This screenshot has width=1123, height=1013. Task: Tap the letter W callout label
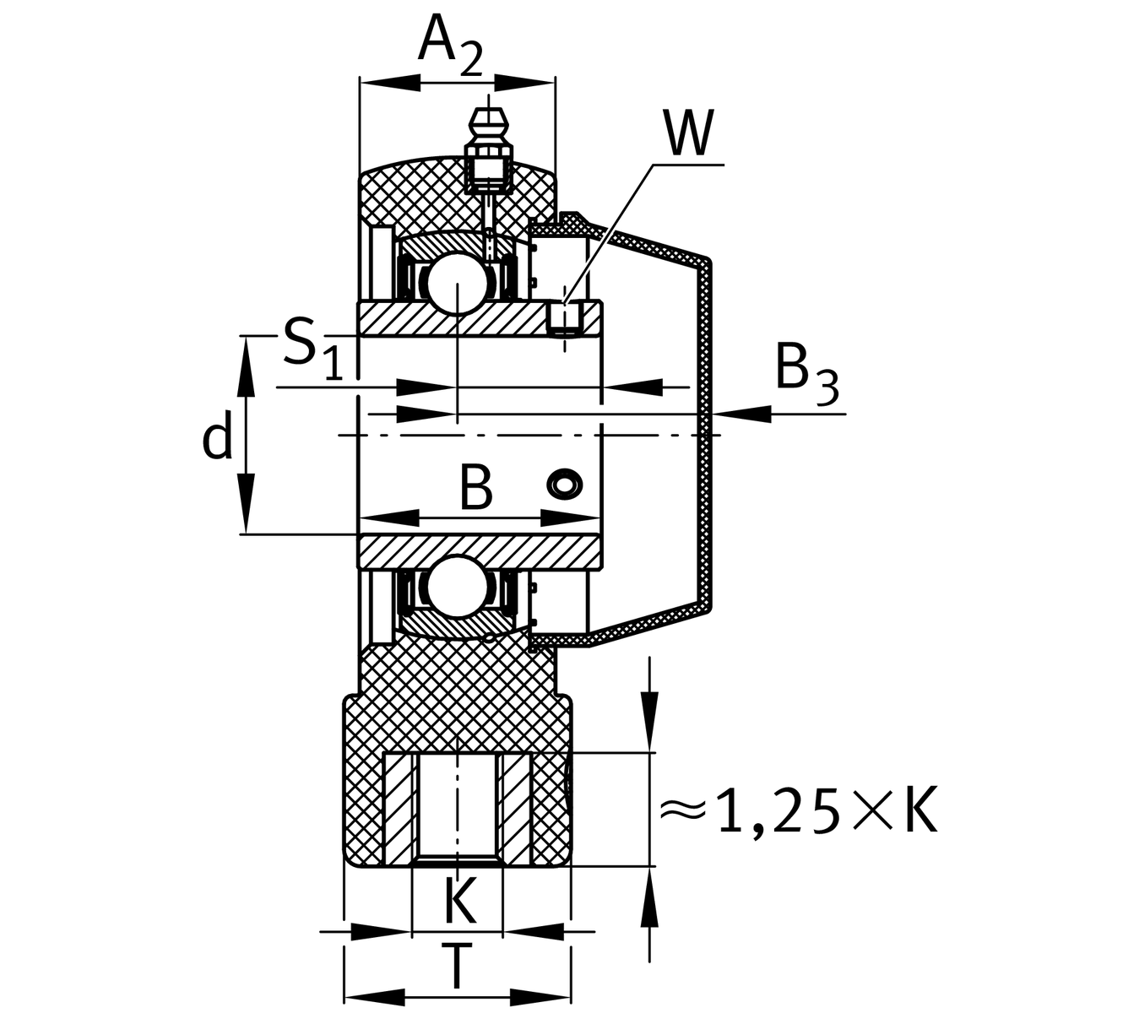point(688,133)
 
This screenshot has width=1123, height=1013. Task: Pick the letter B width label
point(475,488)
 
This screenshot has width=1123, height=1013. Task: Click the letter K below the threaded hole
point(460,902)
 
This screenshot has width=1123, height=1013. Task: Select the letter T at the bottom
point(457,967)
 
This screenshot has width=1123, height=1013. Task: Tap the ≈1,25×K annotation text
point(798,811)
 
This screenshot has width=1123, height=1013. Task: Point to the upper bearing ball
point(456,282)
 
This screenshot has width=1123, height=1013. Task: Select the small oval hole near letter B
point(563,483)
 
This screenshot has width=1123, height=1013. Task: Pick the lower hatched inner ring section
point(481,551)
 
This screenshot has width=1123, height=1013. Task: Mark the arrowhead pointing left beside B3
point(743,414)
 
